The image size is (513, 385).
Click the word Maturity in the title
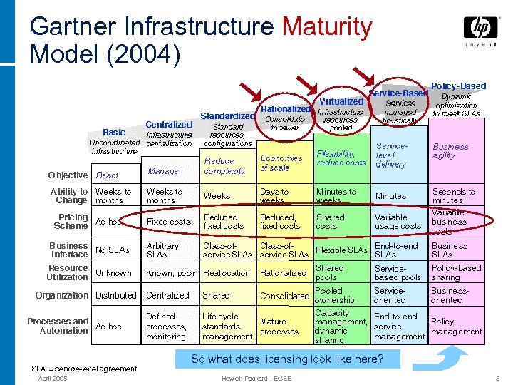pos(327,27)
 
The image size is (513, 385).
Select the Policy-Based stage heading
pos(458,86)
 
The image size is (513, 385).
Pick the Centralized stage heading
pos(169,125)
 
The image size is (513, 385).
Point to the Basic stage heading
pos(114,132)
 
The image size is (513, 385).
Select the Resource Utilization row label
pos(68,272)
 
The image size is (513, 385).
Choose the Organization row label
pos(62,295)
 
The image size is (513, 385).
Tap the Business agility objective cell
pos(450,151)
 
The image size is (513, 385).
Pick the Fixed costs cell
pos(169,222)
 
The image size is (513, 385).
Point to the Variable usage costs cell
pos(398,222)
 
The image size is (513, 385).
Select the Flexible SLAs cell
pos(341,250)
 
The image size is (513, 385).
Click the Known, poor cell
pos(170,273)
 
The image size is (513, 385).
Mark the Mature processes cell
pos(279,327)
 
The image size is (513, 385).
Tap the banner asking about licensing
pos(288,359)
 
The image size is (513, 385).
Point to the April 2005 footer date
pos(54,378)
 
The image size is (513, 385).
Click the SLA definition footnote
pos(84,369)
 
